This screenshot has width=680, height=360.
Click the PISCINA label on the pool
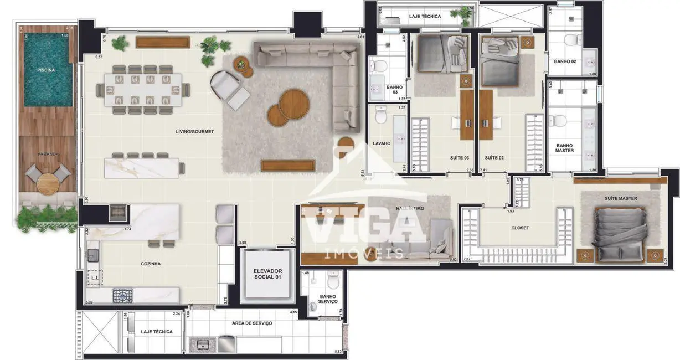click(45, 70)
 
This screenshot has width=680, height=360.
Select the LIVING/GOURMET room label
click(194, 131)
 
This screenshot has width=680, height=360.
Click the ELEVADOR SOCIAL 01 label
click(267, 274)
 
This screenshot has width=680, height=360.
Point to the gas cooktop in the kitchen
click(121, 296)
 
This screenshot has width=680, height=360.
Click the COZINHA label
click(150, 264)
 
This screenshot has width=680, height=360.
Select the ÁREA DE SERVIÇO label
click(253, 323)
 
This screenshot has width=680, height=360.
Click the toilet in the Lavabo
click(380, 117)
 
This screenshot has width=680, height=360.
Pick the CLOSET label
click(519, 228)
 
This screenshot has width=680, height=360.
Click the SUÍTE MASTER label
click(620, 198)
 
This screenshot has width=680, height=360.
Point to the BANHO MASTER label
click(565, 148)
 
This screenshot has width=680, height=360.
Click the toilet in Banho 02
click(571, 40)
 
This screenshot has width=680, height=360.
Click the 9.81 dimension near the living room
click(360, 37)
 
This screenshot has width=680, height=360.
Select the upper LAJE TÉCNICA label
click(425, 17)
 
